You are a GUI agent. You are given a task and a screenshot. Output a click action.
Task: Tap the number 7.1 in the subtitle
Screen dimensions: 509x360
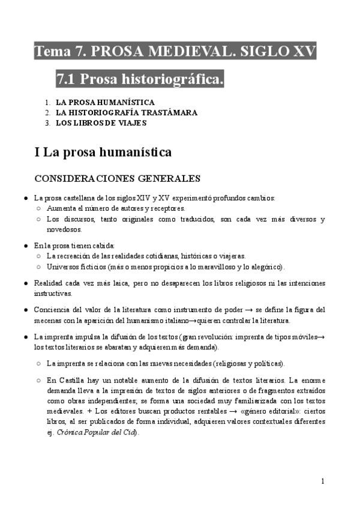tap(66, 79)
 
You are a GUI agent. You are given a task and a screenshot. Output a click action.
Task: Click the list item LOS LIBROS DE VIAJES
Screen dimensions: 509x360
tap(101, 123)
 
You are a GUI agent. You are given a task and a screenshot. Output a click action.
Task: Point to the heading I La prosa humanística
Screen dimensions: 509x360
tap(103, 152)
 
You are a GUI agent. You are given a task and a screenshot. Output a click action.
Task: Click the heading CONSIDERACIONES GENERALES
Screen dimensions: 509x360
tap(117, 178)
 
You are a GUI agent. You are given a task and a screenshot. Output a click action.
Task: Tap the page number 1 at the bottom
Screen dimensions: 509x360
tap(323, 481)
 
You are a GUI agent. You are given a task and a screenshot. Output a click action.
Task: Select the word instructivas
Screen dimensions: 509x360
tap(52, 294)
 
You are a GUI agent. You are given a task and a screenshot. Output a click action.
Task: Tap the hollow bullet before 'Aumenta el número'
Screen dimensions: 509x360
tap(38, 208)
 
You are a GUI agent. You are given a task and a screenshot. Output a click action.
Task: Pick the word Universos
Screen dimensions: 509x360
tap(64, 267)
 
